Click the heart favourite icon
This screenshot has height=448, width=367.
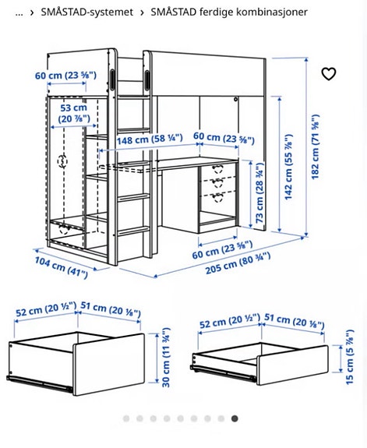point(329,74)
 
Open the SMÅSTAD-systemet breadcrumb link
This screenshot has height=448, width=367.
point(86,12)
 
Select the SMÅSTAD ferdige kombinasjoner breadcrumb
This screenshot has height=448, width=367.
point(229,12)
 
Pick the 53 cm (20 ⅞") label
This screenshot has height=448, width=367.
point(73,112)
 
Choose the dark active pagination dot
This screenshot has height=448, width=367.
point(235,419)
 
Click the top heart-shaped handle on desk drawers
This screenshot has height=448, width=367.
point(218,168)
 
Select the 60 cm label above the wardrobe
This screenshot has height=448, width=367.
point(65,76)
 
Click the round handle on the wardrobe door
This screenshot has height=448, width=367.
point(62,161)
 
